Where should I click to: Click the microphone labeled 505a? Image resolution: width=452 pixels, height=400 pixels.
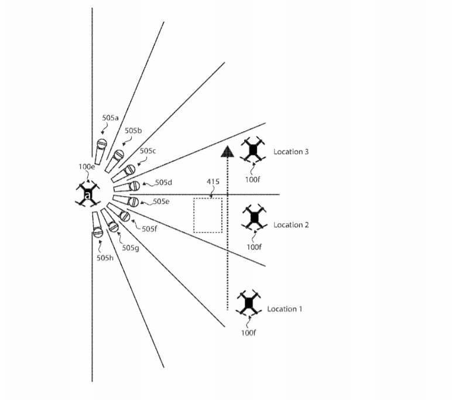[100, 152]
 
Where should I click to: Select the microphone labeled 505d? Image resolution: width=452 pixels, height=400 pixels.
[127, 187]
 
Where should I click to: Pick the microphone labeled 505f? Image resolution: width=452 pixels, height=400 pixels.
[119, 212]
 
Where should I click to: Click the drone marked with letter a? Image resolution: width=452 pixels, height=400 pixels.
[88, 194]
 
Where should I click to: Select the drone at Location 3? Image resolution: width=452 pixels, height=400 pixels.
[253, 151]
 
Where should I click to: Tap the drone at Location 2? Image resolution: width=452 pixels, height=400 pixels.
[254, 217]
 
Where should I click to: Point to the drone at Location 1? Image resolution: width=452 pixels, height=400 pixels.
[248, 303]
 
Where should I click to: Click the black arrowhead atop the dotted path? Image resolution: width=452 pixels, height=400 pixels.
[227, 152]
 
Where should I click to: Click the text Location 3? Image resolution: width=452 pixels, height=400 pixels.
[291, 152]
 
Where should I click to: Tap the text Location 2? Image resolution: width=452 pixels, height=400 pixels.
[291, 225]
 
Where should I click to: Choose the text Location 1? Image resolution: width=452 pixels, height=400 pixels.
[285, 309]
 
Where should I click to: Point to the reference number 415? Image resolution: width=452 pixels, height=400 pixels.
[213, 182]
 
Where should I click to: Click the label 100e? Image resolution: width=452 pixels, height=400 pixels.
[87, 167]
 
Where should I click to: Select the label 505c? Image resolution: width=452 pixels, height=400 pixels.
[148, 151]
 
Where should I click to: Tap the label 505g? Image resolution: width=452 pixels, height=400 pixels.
[131, 248]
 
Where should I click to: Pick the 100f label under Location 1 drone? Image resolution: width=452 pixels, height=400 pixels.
[248, 333]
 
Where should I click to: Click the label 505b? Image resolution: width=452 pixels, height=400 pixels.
[133, 131]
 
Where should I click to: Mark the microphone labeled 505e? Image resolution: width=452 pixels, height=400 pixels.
[126, 200]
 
